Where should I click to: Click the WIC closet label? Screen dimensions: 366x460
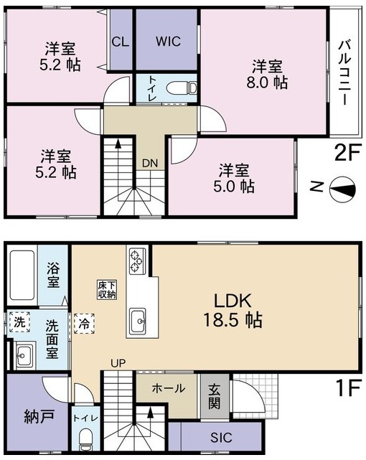click(168, 42)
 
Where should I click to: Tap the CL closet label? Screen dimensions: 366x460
click(121, 42)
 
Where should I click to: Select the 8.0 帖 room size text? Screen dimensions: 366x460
click(267, 83)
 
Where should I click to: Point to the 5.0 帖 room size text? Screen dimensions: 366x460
click(234, 186)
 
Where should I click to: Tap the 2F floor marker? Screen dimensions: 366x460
click(347, 153)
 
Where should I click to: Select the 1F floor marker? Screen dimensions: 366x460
click(348, 388)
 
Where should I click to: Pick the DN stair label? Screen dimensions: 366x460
click(150, 164)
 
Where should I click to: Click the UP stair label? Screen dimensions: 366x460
click(118, 364)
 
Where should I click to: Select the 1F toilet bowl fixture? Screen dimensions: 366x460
click(86, 440)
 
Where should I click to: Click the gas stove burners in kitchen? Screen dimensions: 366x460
click(136, 260)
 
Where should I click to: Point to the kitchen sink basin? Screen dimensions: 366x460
click(138, 321)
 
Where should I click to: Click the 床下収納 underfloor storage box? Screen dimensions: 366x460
click(107, 290)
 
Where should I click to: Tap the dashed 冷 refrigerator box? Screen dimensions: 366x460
click(84, 323)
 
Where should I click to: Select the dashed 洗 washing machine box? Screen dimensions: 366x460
click(19, 322)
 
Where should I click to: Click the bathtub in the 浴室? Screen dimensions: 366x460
click(22, 275)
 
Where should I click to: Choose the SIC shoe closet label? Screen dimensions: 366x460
click(221, 438)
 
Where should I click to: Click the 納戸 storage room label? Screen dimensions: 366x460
click(39, 417)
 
